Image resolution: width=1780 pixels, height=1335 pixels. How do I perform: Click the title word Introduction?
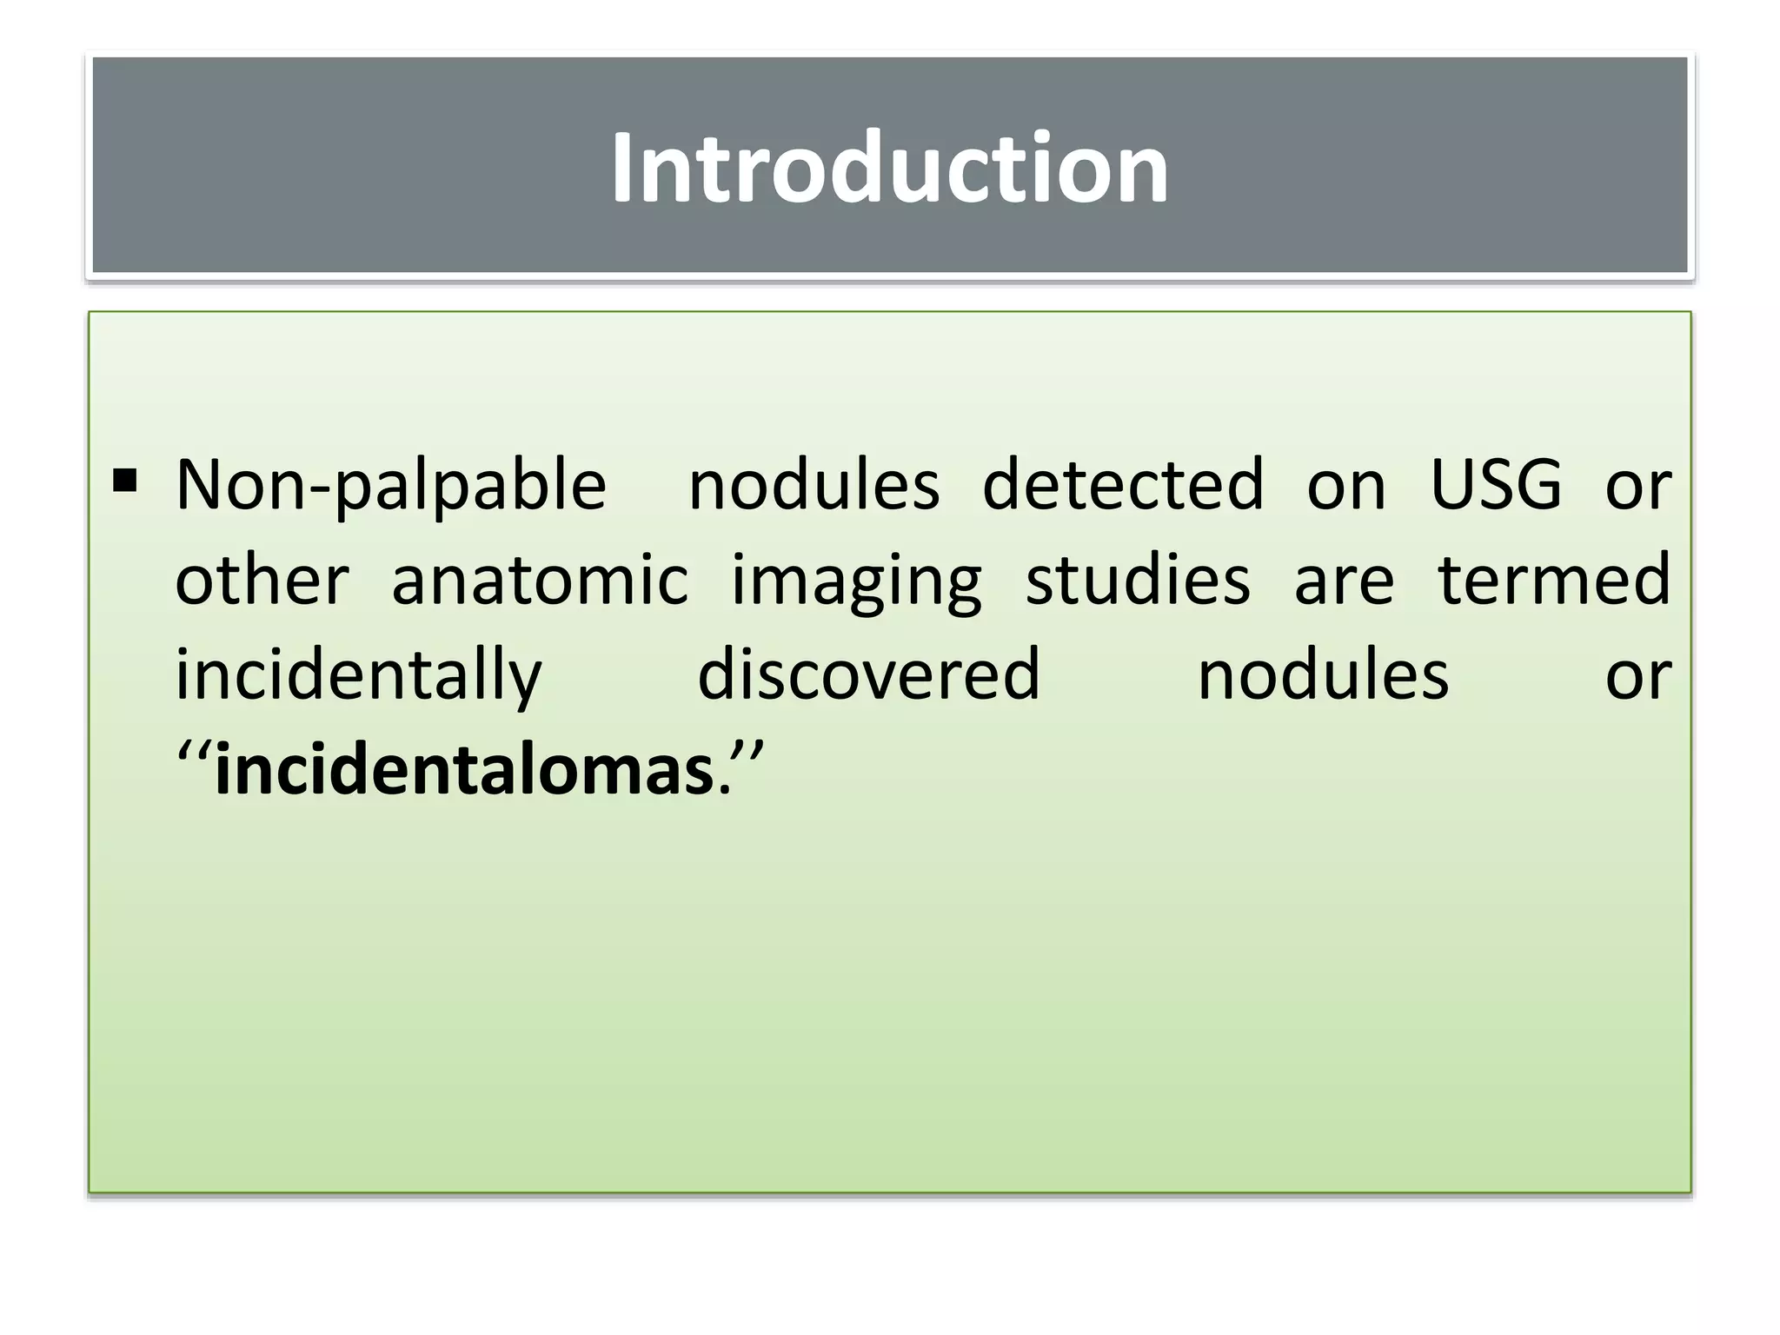coord(889,167)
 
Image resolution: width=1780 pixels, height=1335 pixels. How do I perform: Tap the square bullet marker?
coord(125,481)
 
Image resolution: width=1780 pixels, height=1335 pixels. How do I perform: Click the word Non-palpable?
coord(391,485)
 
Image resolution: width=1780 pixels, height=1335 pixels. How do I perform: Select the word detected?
coord(1123,485)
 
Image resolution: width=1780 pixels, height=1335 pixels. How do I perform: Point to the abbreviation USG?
coord(1496,485)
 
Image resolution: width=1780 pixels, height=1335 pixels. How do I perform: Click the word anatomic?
coord(540,580)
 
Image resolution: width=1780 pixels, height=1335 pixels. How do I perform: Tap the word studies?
coord(1138,580)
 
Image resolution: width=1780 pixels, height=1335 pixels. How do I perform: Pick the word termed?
coord(1554,580)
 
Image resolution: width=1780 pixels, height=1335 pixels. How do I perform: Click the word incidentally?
coord(359,676)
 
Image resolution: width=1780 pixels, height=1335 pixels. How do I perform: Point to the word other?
coord(262,580)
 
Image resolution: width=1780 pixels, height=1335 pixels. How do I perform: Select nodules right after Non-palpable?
coord(814,485)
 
